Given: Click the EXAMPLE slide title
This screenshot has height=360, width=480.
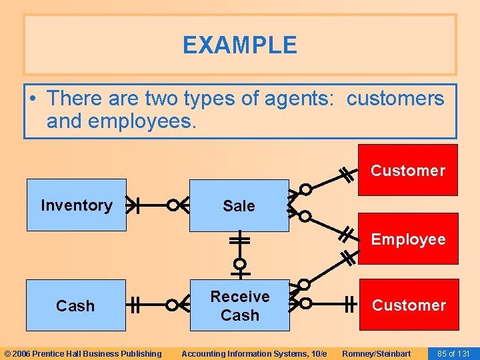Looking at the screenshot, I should point(239,45).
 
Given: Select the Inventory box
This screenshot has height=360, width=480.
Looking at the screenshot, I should point(76,205).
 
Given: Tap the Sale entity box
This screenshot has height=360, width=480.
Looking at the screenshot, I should point(239,205).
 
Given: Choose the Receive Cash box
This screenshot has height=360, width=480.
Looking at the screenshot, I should point(239,305).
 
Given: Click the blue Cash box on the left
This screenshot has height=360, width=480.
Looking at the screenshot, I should point(75,305).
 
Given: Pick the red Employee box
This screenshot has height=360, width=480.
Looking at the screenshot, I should point(408,239).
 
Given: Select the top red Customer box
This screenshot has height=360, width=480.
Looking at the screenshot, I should point(407,170).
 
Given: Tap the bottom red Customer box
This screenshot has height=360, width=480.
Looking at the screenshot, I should point(409,305).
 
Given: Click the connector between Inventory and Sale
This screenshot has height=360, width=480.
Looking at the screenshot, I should point(152,205).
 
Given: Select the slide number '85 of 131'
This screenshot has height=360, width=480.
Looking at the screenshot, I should point(453,353).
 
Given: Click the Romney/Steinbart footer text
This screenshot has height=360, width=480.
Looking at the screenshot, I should point(376,353).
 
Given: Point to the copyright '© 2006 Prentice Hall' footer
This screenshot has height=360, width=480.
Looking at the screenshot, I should point(83,353).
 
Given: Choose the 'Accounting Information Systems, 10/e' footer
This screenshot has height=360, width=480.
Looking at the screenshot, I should point(254,353).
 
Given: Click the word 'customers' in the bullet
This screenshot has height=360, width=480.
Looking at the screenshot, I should point(395,99).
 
